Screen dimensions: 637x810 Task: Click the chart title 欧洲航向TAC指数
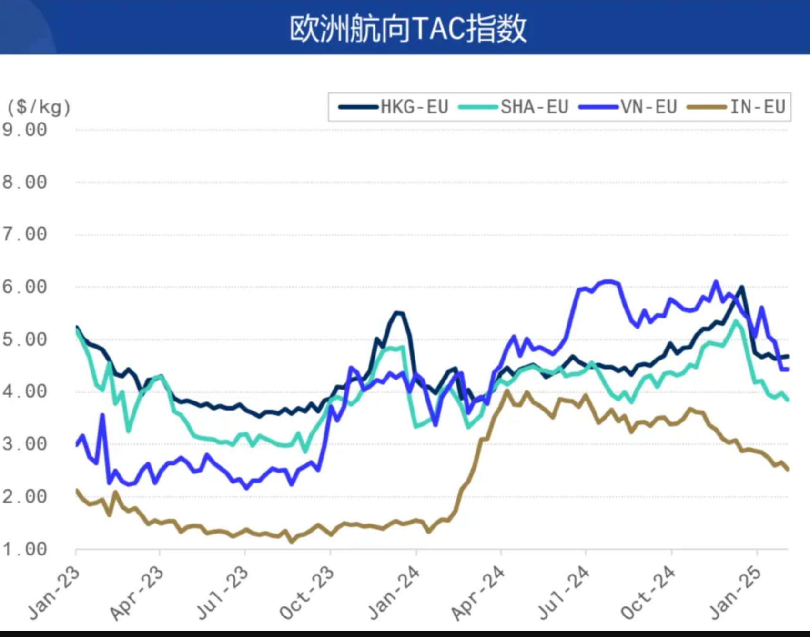click(408, 29)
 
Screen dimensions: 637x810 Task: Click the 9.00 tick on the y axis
click(25, 130)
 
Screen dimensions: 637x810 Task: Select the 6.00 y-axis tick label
click(25, 287)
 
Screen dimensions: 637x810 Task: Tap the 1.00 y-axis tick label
click(25, 549)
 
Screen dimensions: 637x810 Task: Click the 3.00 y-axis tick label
click(25, 444)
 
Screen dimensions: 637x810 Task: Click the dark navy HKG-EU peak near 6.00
click(741, 287)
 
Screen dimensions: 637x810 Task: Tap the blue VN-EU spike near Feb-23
click(102, 415)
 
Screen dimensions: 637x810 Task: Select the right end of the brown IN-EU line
click(787, 470)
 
